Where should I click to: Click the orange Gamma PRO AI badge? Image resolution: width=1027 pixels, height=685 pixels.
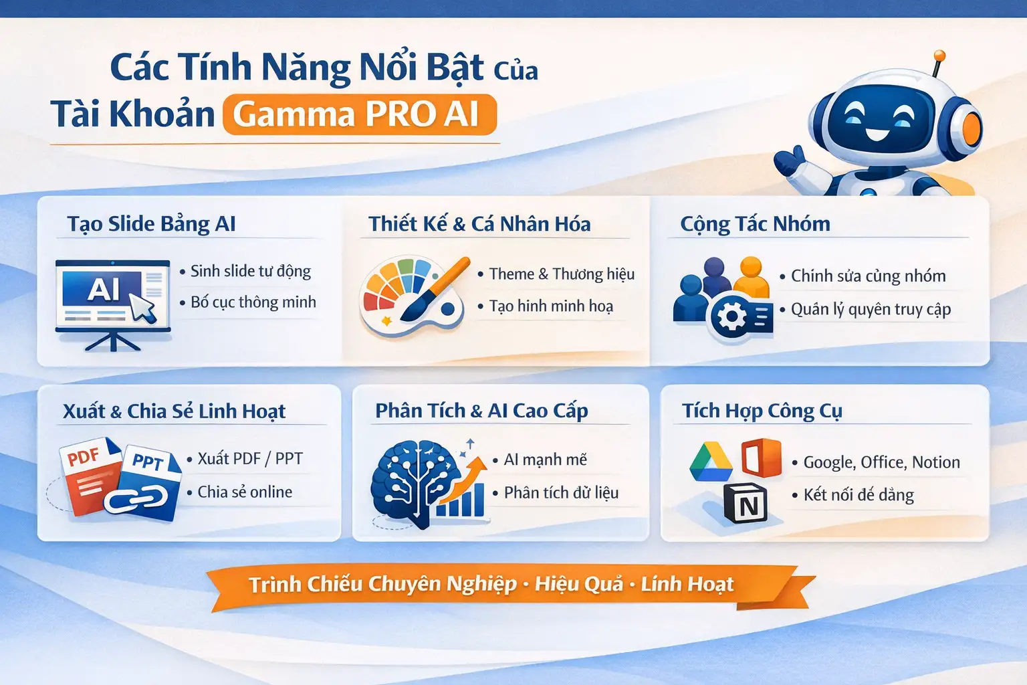pyautogui.click(x=360, y=114)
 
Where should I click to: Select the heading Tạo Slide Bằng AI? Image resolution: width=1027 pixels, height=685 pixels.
pyautogui.click(x=151, y=223)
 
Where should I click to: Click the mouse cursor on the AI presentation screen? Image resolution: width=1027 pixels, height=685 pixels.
pyautogui.click(x=142, y=308)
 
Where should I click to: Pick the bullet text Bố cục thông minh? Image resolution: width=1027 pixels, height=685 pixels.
pyautogui.click(x=253, y=302)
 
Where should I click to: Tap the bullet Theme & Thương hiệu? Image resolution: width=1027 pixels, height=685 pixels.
pyautogui.click(x=562, y=274)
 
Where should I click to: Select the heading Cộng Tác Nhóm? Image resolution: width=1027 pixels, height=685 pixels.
pyautogui.click(x=755, y=223)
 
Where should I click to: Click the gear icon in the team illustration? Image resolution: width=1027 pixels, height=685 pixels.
pyautogui.click(x=731, y=317)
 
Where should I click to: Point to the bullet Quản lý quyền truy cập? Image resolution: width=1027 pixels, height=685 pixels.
pyautogui.click(x=871, y=309)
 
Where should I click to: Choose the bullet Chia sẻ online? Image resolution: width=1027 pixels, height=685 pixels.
pyautogui.click(x=245, y=492)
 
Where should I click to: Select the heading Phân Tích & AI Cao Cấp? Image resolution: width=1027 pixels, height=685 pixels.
pyautogui.click(x=481, y=411)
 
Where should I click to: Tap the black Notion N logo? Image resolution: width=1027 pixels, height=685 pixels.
pyautogui.click(x=746, y=504)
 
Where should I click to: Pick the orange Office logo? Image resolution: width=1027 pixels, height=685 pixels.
pyautogui.click(x=762, y=458)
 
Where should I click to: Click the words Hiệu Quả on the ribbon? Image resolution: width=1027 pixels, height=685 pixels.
pyautogui.click(x=579, y=584)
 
